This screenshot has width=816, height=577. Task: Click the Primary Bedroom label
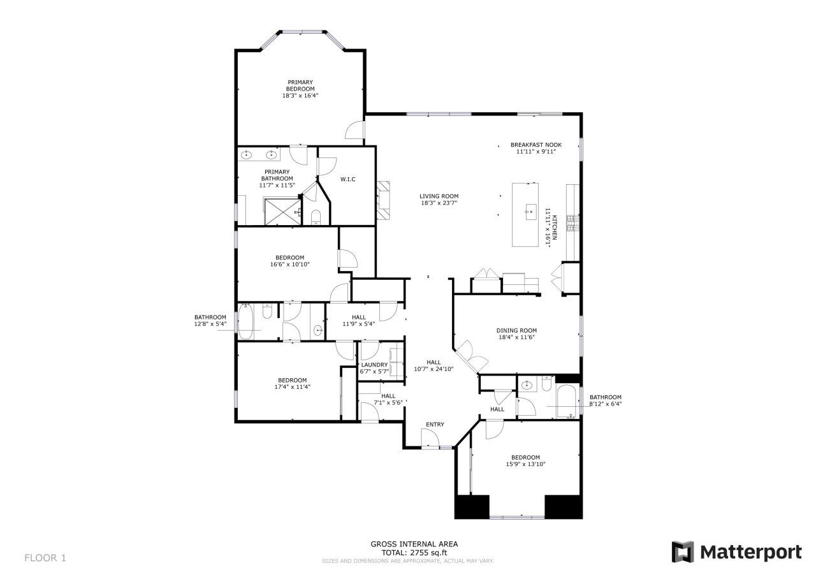point(300,85)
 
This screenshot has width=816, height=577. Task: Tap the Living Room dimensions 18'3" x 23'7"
point(439,203)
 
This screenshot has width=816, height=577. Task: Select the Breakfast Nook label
point(535,145)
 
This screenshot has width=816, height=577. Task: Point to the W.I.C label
point(347,179)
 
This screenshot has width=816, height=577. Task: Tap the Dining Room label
point(516,330)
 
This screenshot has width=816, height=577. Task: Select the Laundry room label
point(374,365)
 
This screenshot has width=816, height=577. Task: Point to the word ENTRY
point(435,425)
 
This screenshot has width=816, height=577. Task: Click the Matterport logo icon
point(683,551)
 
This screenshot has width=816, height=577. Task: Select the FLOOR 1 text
point(45,558)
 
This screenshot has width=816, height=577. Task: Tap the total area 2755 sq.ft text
point(414,552)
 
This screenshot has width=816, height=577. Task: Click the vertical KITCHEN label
point(554,227)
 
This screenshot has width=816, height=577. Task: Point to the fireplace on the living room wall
point(382,200)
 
